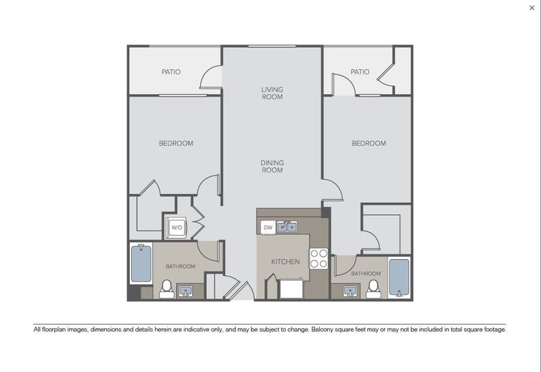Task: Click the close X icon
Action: [x=532, y=7]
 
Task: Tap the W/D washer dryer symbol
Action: [x=177, y=228]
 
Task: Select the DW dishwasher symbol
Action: [x=268, y=227]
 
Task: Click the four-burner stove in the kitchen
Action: [x=319, y=258]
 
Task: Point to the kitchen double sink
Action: [x=287, y=227]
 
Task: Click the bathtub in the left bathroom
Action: [x=141, y=263]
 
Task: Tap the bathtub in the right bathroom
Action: [x=399, y=278]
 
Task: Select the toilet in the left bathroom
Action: [x=166, y=289]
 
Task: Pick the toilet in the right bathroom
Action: [x=373, y=289]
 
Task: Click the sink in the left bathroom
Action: [x=185, y=292]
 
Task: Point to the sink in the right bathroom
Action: [x=350, y=292]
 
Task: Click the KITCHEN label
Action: [x=285, y=262]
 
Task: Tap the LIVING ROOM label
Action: [x=273, y=93]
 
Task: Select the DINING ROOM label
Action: [x=273, y=166]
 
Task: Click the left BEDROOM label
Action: [x=176, y=143]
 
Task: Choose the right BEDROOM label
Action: [x=369, y=143]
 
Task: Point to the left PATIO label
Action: [x=171, y=72]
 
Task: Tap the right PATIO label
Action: [x=360, y=72]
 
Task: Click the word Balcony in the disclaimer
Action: [x=323, y=329]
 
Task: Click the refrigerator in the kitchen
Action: [x=291, y=289]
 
